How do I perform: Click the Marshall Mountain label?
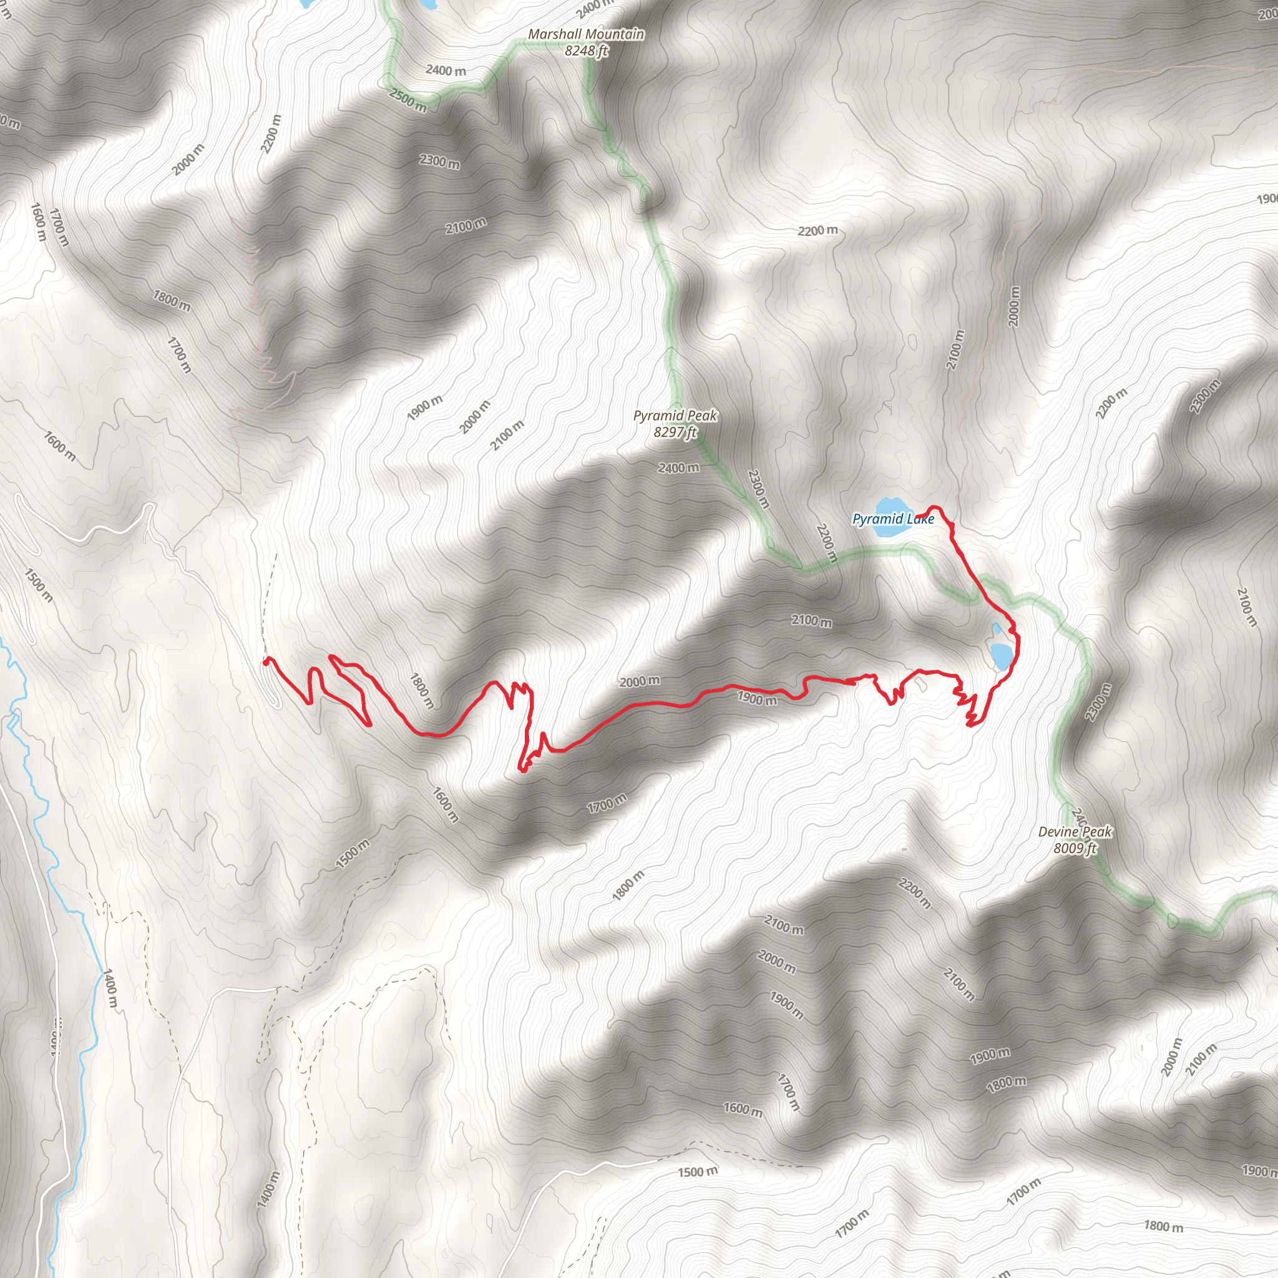pyautogui.click(x=585, y=34)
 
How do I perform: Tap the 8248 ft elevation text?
pyautogui.click(x=585, y=50)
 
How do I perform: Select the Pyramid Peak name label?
pyautogui.click(x=675, y=416)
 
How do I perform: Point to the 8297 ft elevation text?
pyautogui.click(x=675, y=432)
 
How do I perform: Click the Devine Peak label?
pyautogui.click(x=1075, y=831)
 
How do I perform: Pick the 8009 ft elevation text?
pyautogui.click(x=1075, y=847)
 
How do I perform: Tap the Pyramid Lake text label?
pyautogui.click(x=893, y=519)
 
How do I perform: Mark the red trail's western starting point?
pyautogui.click(x=266, y=661)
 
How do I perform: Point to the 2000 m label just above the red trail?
pyautogui.click(x=639, y=681)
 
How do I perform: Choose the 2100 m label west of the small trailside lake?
pyautogui.click(x=812, y=621)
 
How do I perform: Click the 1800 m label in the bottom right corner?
pyautogui.click(x=1163, y=1226)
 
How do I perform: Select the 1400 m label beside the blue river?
pyautogui.click(x=109, y=988)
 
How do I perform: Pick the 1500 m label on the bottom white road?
pyautogui.click(x=697, y=1172)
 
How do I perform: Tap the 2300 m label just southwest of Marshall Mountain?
pyautogui.click(x=439, y=161)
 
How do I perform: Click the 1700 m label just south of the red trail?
pyautogui.click(x=607, y=804)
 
